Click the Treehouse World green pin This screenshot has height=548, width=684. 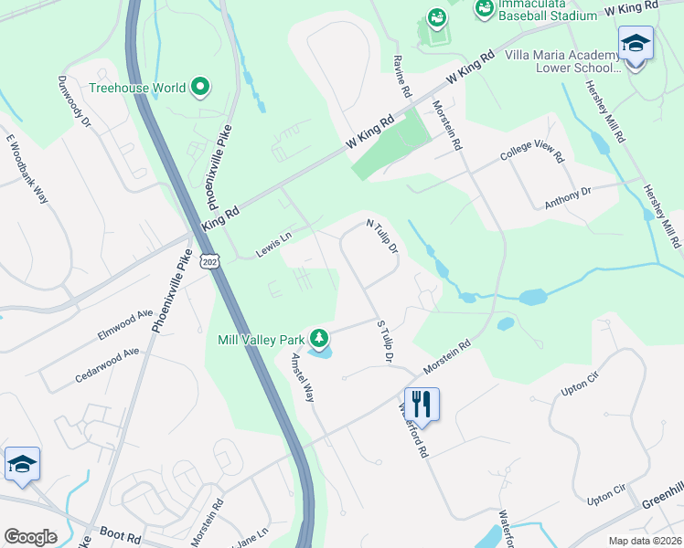[201, 89]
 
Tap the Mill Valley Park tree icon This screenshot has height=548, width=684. [319, 340]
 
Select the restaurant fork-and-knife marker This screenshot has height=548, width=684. [422, 403]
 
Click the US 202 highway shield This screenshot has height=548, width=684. [210, 263]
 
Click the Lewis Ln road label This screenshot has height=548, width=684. [273, 244]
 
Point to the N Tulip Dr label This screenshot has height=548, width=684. [382, 236]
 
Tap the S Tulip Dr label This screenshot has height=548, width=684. [384, 343]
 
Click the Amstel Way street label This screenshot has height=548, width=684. [303, 379]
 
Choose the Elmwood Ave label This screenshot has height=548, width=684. [125, 324]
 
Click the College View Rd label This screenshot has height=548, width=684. [530, 153]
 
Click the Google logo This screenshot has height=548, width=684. [30, 537]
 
